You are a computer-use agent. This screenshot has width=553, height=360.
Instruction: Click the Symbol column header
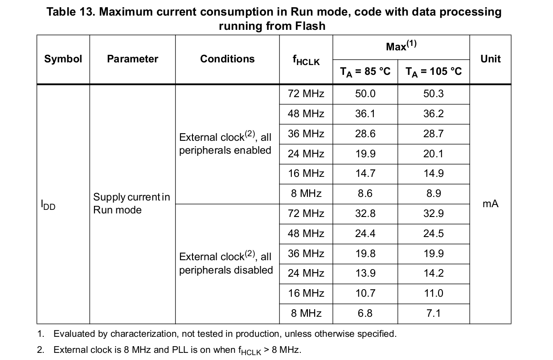63,59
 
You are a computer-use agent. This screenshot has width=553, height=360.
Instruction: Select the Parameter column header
132,59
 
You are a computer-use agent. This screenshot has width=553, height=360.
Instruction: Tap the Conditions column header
227,59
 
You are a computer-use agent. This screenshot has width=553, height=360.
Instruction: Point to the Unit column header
490,59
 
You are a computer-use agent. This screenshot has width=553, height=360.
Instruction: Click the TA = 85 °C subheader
365,71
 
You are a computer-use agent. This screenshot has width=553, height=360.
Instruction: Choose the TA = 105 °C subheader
433,71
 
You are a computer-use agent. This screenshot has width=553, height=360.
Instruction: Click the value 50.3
433,94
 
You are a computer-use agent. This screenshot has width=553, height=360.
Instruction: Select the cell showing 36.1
365,114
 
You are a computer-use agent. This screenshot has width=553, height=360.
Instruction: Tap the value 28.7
433,134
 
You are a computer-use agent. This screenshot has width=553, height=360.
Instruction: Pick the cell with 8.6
365,193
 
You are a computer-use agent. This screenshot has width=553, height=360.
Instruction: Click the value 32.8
365,213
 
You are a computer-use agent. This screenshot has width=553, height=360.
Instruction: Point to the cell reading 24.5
433,233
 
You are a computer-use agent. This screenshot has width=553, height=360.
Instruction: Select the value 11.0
433,293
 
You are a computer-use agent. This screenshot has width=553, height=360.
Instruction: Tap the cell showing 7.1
433,313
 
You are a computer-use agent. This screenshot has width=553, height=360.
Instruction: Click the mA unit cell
490,204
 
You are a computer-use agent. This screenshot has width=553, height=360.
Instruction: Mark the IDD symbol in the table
48,205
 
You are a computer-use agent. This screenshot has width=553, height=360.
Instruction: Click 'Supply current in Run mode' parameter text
131,204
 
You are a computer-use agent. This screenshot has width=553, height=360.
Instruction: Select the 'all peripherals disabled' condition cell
226,264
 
